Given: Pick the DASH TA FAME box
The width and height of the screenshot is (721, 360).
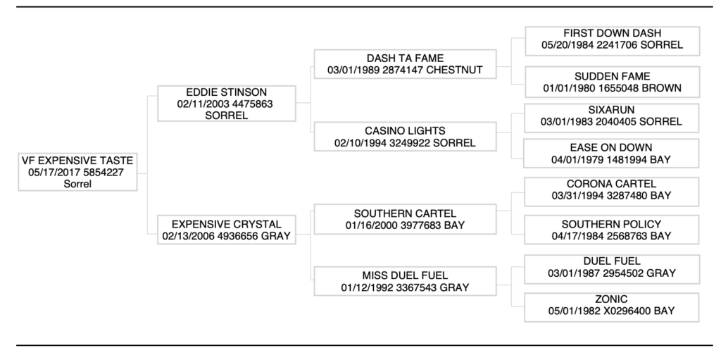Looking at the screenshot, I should pyautogui.click(x=404, y=64).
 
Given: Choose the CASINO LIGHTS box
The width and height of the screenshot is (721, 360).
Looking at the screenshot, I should pyautogui.click(x=404, y=137).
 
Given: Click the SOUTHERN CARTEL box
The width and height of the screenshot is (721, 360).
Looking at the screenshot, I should pyautogui.click(x=404, y=219).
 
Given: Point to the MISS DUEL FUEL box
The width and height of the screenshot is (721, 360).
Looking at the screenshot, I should pyautogui.click(x=404, y=280).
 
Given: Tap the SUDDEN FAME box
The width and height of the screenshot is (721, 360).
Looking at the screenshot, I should pyautogui.click(x=612, y=82).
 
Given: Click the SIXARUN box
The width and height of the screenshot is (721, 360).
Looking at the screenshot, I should pyautogui.click(x=612, y=116).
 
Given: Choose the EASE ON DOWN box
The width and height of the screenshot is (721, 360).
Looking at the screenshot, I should pyautogui.click(x=612, y=154).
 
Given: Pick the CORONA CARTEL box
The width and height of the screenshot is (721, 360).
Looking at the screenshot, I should pyautogui.click(x=612, y=188).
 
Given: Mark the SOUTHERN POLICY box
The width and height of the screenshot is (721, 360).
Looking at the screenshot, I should pyautogui.click(x=612, y=230).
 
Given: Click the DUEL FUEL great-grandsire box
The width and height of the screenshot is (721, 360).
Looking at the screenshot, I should pyautogui.click(x=612, y=267).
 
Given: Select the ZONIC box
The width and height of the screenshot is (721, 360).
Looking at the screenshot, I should pyautogui.click(x=612, y=305).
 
